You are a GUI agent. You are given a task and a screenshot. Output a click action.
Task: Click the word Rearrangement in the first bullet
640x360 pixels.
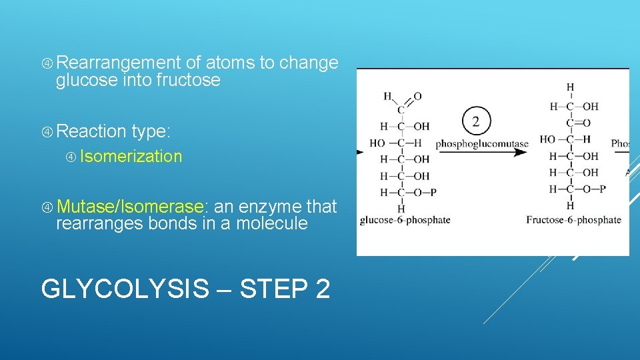[x=119, y=63]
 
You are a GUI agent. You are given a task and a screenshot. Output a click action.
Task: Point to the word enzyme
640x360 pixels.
[x=270, y=207]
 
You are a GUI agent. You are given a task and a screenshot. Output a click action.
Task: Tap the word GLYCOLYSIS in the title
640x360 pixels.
[x=125, y=289]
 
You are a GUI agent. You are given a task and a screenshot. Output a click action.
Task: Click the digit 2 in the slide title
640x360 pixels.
[x=320, y=289]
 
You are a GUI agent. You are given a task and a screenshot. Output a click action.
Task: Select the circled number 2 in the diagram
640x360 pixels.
[x=476, y=121]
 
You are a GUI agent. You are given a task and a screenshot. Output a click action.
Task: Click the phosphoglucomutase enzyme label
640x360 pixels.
[x=481, y=143]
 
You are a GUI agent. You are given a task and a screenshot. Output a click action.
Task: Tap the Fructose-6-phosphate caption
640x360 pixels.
[x=573, y=220]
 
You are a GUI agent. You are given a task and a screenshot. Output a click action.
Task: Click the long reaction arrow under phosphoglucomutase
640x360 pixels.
[x=480, y=153]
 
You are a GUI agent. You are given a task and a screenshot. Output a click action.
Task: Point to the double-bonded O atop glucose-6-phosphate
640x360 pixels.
[x=417, y=96]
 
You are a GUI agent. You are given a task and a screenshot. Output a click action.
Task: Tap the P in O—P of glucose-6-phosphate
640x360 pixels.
[x=433, y=193]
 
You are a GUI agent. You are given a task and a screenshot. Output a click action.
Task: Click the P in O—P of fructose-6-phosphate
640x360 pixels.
[x=602, y=189]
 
